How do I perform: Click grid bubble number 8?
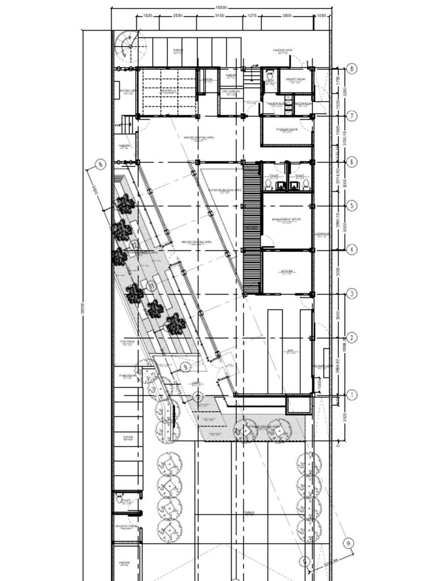pyautogui.click(x=352, y=69)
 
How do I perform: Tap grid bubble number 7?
pyautogui.click(x=352, y=116)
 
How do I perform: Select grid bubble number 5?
pyautogui.click(x=352, y=205)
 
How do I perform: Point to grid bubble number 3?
pyautogui.click(x=352, y=293)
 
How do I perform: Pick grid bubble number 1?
pyautogui.click(x=352, y=394)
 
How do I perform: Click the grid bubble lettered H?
pyautogui.click(x=349, y=543)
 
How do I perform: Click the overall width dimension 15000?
pyautogui.click(x=221, y=7)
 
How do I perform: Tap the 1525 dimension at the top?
pyautogui.click(x=147, y=16)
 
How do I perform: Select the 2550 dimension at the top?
pyautogui.click(x=177, y=16)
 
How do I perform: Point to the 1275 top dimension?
pyautogui.click(x=251, y=16)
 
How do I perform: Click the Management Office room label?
pyautogui.click(x=286, y=219)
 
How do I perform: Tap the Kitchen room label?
pyautogui.click(x=287, y=272)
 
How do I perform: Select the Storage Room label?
pyautogui.click(x=287, y=130)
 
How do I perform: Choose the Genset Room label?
pyautogui.click(x=295, y=79)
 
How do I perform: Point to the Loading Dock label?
pyautogui.click(x=282, y=50)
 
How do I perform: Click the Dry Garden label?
pyautogui.click(x=230, y=91)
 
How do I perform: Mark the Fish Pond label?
pyautogui.click(x=127, y=342)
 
